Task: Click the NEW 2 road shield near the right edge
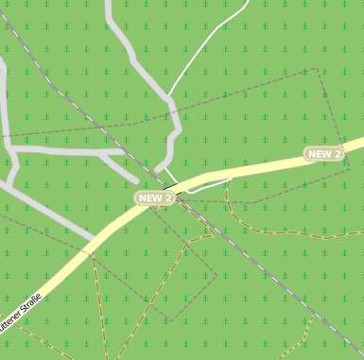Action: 324,153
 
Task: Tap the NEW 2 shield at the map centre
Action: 155,197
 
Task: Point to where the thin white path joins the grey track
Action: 169,94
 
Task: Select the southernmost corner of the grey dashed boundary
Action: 169,320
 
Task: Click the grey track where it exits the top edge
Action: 110,4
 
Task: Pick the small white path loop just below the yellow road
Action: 210,186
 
